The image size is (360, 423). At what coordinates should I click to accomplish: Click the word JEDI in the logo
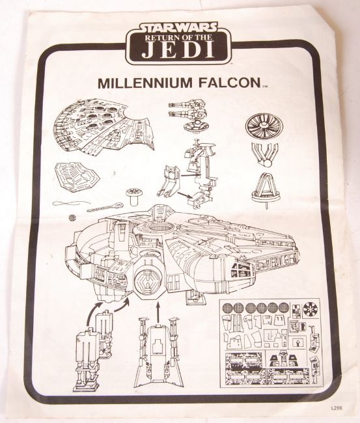point(178,49)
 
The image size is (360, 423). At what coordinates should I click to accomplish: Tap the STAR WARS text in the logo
point(178,27)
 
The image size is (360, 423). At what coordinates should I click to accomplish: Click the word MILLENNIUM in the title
point(146,83)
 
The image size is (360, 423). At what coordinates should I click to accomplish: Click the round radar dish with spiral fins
point(261,126)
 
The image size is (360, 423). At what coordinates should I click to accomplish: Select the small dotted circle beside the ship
point(72,218)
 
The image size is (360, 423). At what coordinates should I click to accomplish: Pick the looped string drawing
point(67,204)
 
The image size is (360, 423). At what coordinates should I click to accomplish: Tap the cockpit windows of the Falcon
point(242,269)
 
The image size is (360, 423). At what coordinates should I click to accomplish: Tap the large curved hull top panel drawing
point(104,126)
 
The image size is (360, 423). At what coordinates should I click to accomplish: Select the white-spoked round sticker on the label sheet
point(311,309)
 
